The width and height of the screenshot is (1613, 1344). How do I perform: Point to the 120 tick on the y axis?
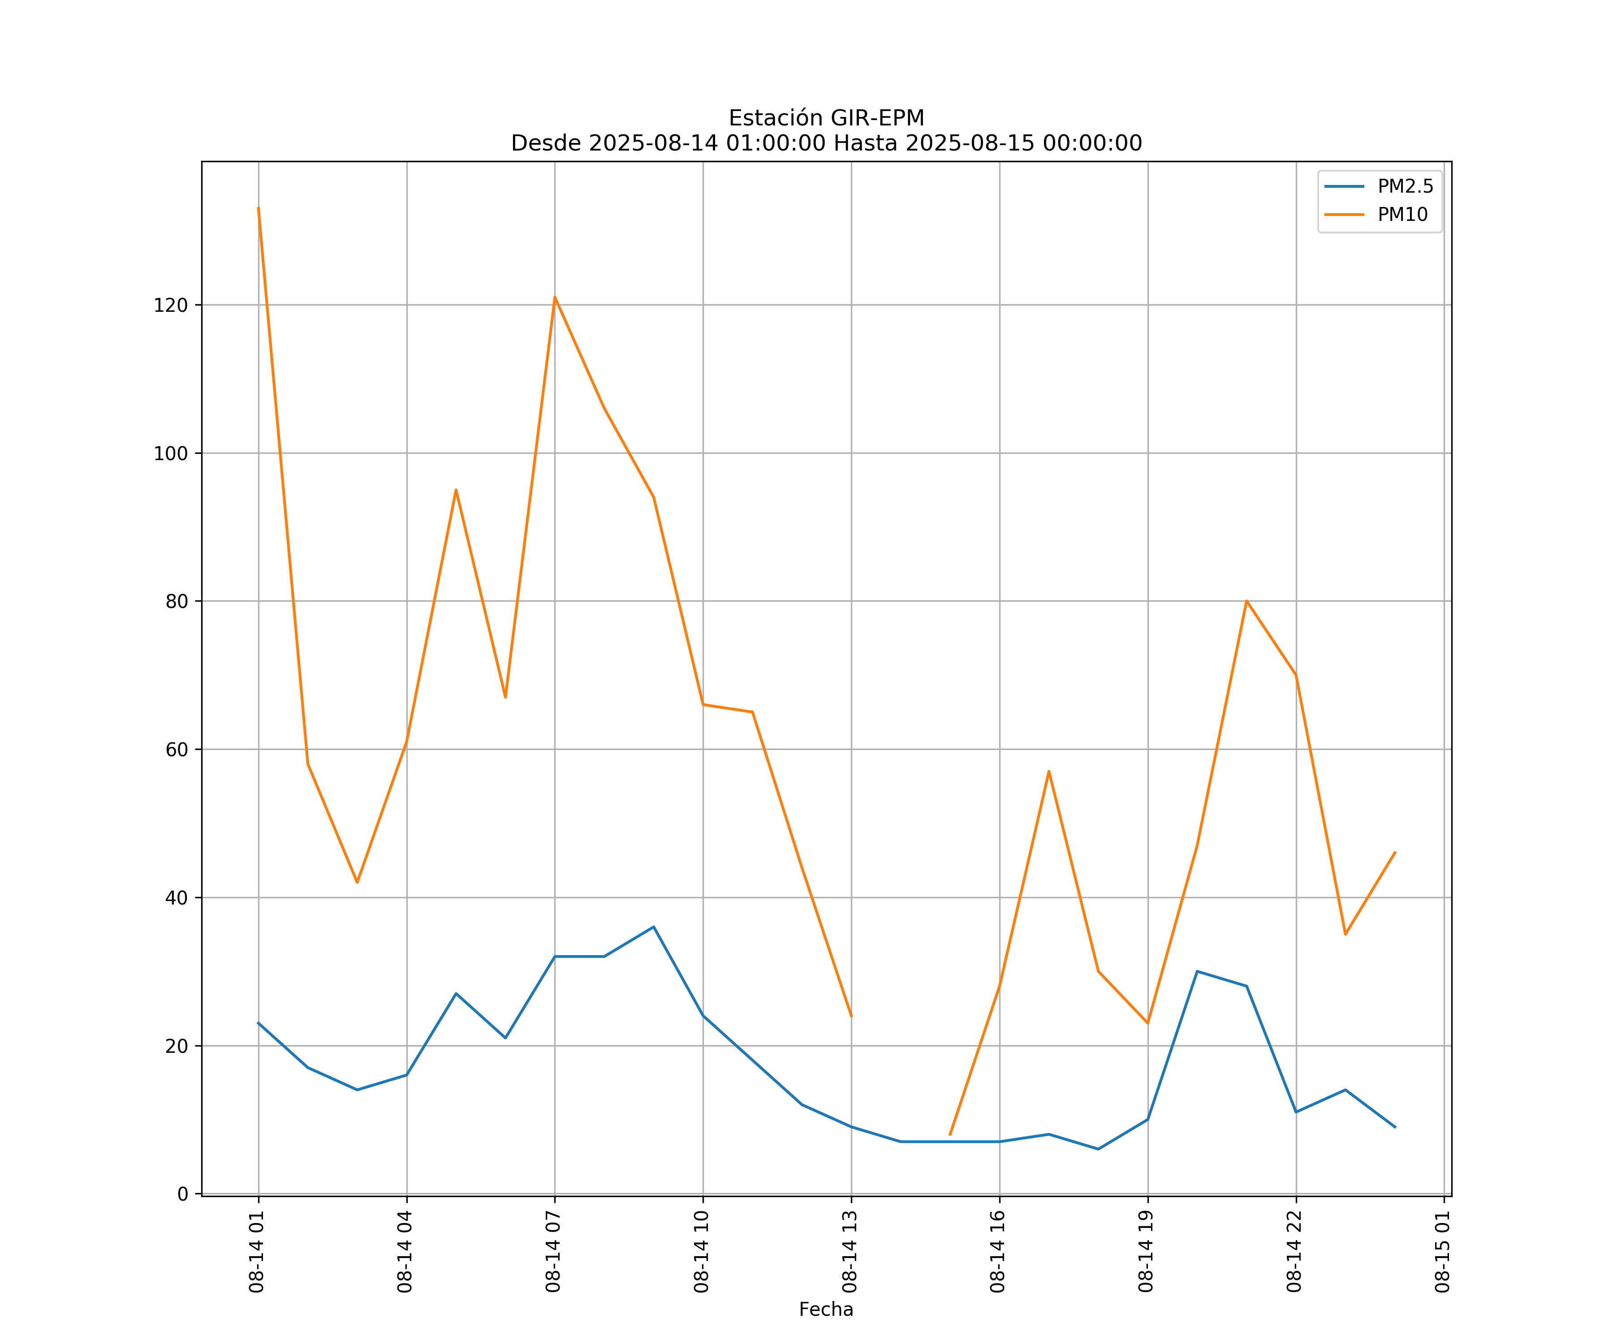171,306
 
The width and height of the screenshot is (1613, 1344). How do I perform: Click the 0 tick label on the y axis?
183,1194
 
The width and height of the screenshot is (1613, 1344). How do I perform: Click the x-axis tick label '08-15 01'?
1442,1252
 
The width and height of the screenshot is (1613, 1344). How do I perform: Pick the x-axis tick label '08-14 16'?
998,1252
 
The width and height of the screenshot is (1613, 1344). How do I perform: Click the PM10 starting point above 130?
258,207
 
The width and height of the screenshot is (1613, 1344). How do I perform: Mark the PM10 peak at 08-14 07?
555,297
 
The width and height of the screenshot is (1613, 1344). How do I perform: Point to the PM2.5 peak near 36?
654,927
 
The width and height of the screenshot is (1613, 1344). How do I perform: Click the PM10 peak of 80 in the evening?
1246,601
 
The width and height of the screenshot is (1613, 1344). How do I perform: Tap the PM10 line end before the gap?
851,1016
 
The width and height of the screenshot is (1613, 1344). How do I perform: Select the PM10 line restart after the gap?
950,1134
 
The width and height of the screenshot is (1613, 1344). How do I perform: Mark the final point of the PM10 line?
1395,853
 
